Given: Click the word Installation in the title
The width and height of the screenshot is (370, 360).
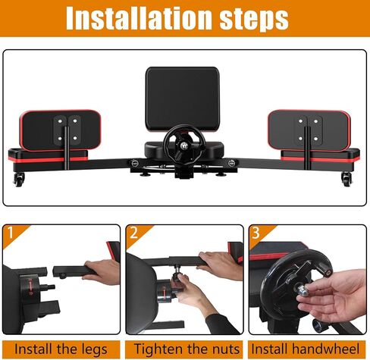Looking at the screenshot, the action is (139, 17).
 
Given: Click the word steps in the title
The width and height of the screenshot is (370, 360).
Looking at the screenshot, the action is (254, 20).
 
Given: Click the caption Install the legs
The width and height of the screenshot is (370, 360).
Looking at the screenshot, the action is (61, 349).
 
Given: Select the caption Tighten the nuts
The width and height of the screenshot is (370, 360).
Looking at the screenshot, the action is (187, 349).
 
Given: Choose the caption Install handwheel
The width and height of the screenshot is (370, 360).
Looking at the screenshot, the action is (305, 349).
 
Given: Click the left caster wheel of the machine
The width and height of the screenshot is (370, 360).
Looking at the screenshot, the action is (19, 180).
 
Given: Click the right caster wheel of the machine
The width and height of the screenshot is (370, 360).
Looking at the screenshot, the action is (346, 179).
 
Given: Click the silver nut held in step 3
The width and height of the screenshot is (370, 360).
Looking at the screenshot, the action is (303, 290).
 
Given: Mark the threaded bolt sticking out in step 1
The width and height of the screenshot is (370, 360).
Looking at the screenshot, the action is (48, 287).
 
